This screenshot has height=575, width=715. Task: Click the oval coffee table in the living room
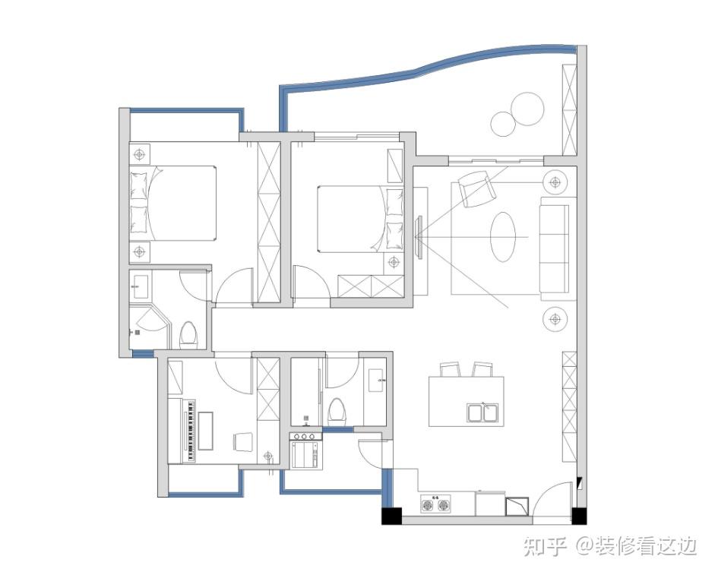(503, 237)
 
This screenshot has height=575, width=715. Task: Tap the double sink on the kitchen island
(482, 412)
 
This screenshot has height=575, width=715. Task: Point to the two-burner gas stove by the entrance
(435, 505)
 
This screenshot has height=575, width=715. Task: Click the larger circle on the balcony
(527, 109)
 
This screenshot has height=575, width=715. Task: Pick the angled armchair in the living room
(477, 188)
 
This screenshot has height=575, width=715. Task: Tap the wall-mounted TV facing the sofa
(419, 238)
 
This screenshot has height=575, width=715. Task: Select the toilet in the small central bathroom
(337, 410)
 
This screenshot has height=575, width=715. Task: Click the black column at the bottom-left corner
(392, 515)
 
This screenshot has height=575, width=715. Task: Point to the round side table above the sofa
(555, 182)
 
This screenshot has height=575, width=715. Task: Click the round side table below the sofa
(555, 319)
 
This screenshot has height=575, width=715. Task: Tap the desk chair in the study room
(243, 441)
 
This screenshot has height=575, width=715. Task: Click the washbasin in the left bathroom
(140, 286)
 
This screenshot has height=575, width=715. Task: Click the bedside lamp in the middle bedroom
(394, 262)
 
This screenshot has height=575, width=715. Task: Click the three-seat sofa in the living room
(555, 248)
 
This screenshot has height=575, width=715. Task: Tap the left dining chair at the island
(449, 369)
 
